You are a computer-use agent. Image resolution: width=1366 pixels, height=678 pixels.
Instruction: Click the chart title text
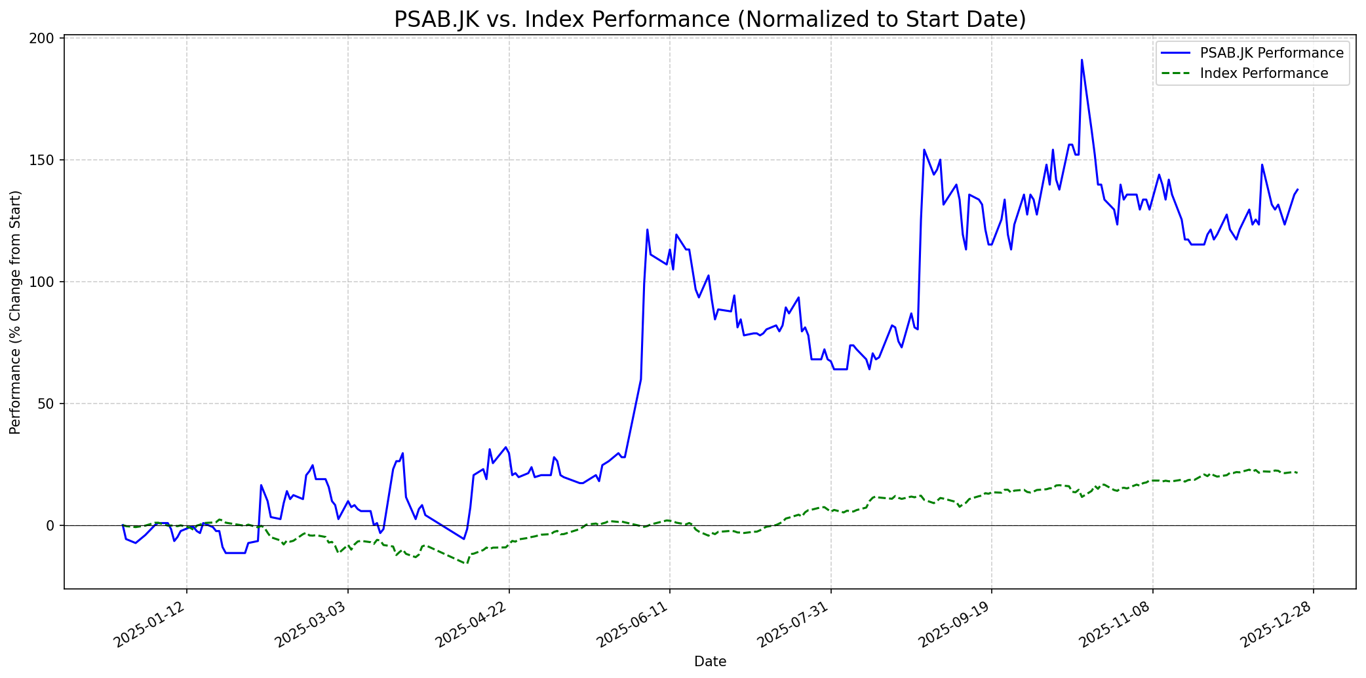click(710, 20)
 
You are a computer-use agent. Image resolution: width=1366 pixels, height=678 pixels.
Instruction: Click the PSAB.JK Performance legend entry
click(1272, 53)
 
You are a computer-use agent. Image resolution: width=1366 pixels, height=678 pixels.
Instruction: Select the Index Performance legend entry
click(1264, 73)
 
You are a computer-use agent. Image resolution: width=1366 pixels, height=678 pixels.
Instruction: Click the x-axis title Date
click(710, 662)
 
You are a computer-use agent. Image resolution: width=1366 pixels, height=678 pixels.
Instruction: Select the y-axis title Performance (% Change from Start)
click(16, 312)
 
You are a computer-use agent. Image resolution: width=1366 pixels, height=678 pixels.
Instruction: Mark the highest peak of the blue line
click(1082, 60)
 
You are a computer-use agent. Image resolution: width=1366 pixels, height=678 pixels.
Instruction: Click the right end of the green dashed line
click(1297, 472)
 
